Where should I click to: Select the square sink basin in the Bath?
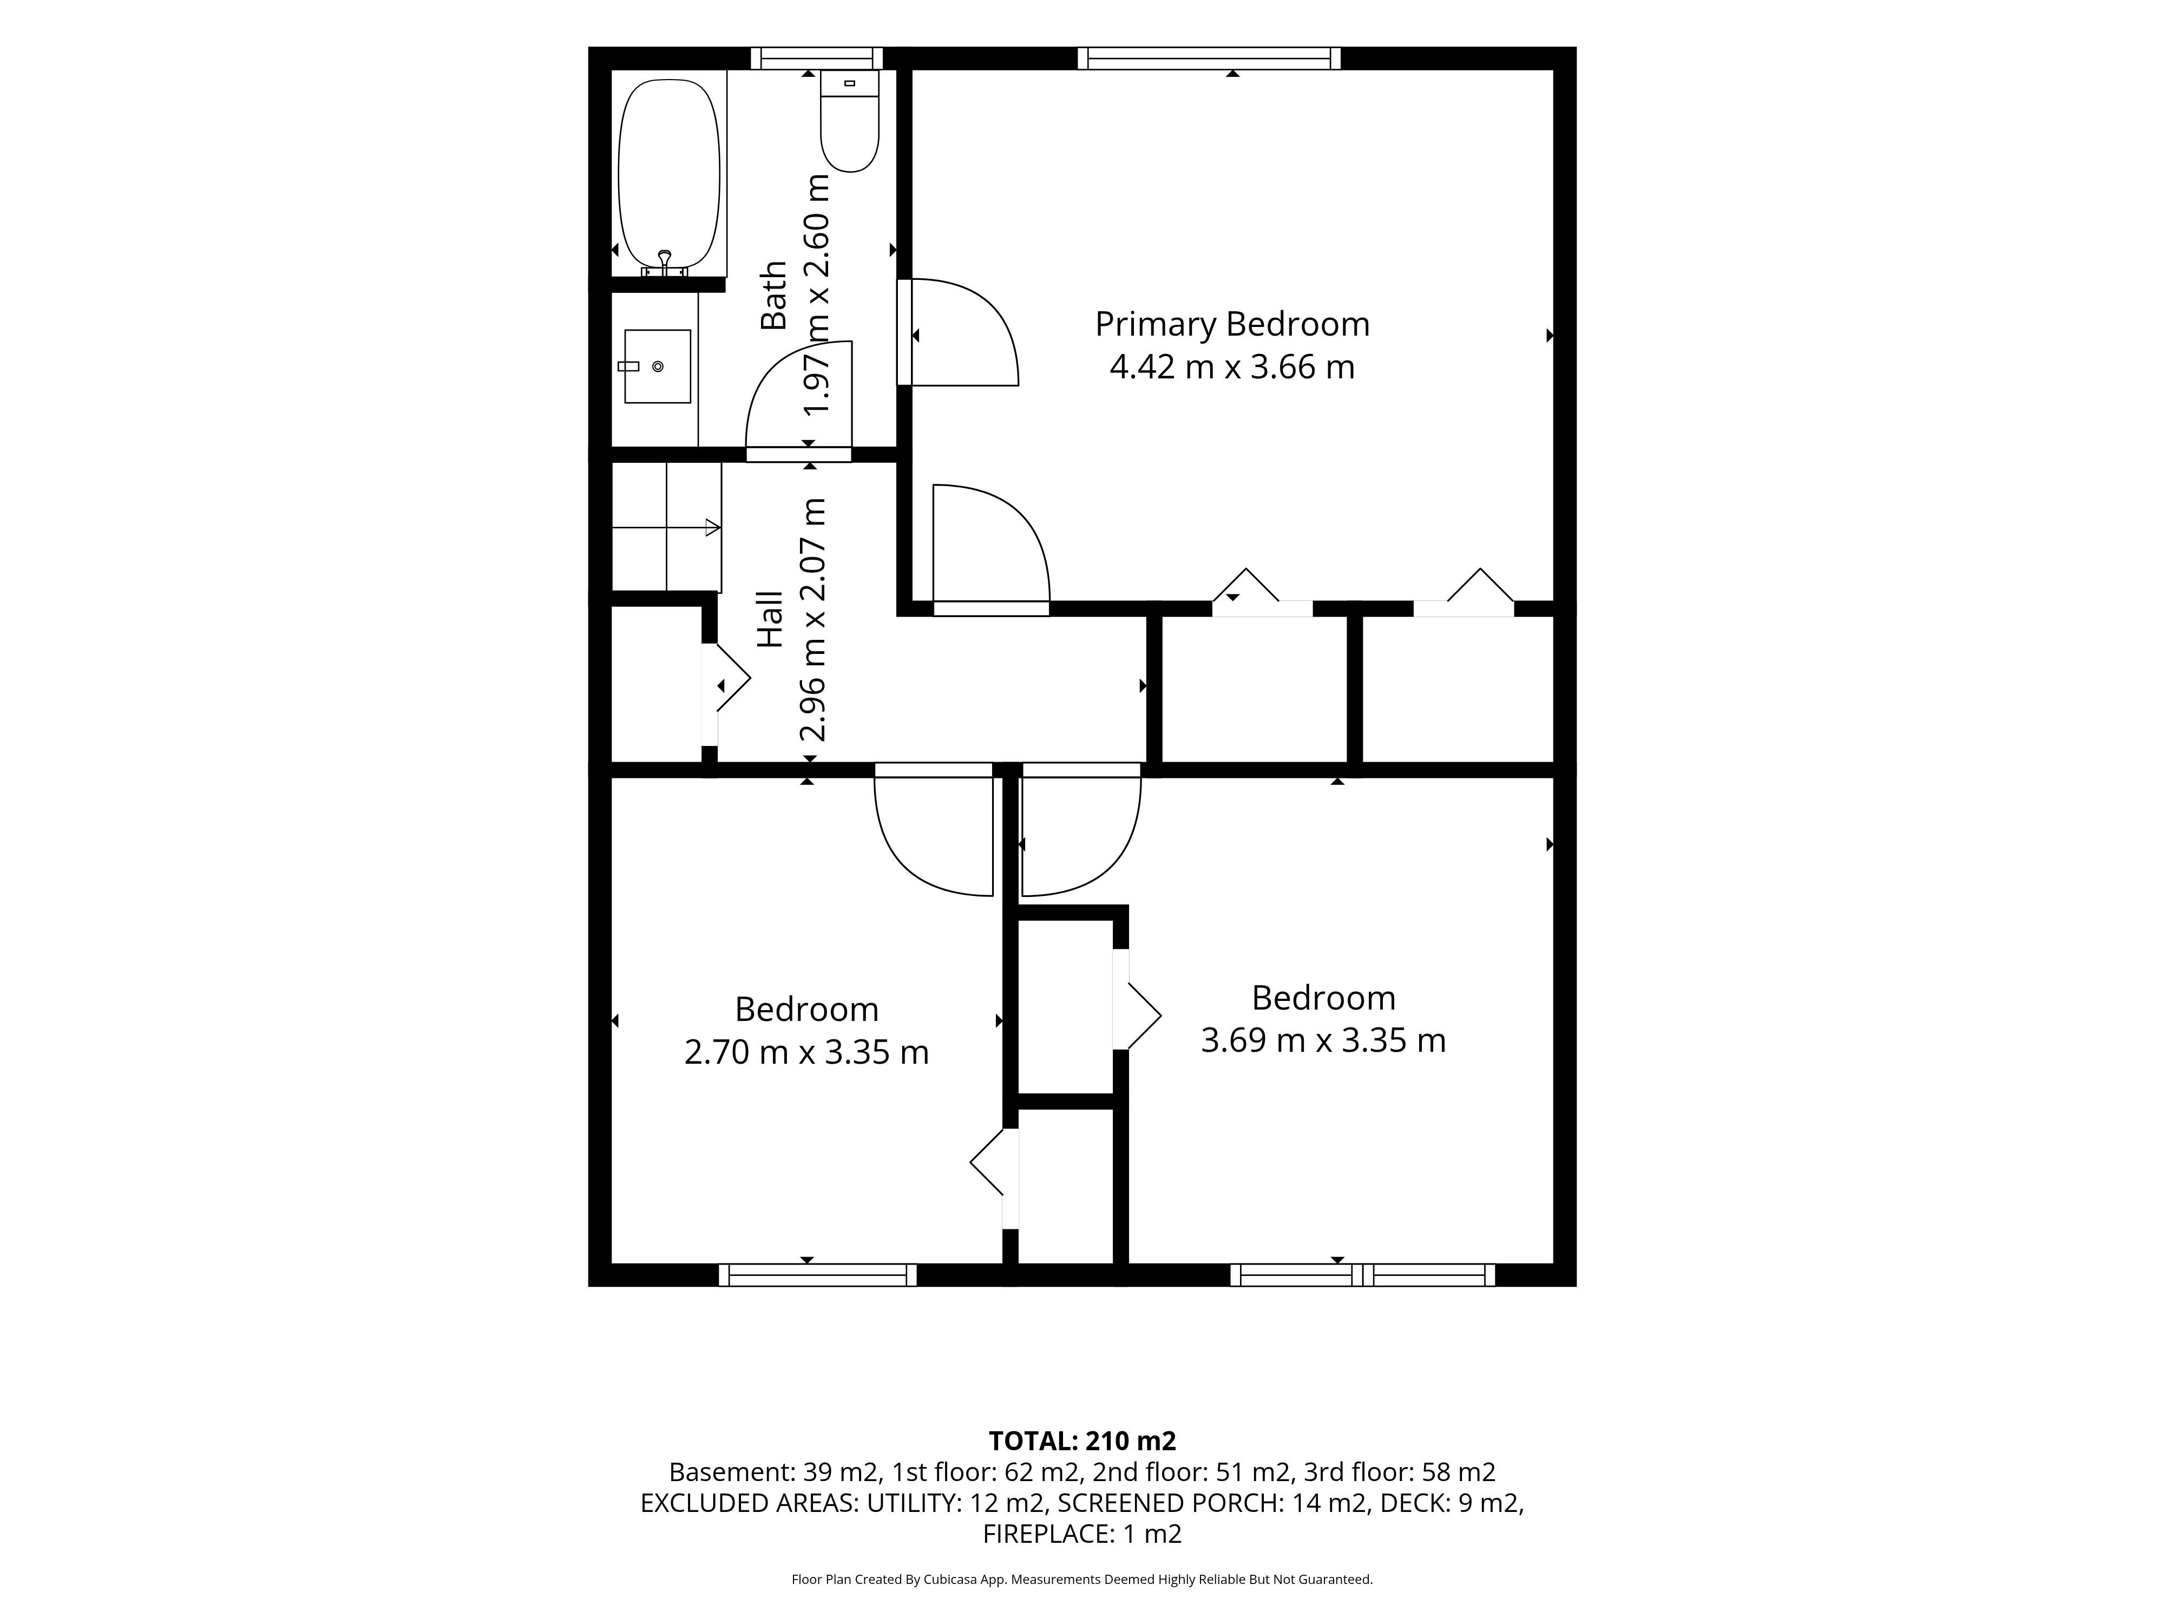click(x=658, y=366)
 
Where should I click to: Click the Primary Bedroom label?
click(x=1232, y=324)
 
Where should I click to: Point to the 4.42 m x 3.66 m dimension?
click(x=1232, y=367)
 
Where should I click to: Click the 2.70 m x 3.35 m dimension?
click(x=806, y=1052)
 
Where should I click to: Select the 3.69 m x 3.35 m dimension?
click(x=1323, y=1039)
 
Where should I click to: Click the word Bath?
click(x=773, y=294)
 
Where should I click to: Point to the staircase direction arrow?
click(x=666, y=528)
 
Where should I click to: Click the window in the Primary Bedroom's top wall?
click(x=1210, y=58)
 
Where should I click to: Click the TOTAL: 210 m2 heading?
click(x=1082, y=1441)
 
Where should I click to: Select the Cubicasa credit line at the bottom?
click(x=1082, y=1579)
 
